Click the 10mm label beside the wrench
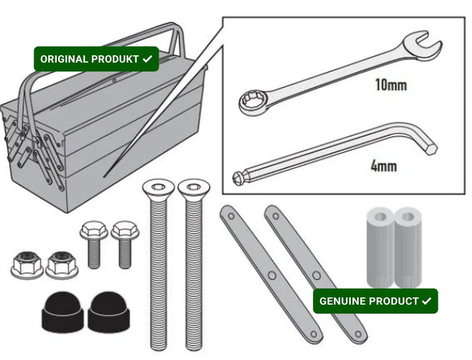coord(391,85)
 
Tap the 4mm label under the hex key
coord(383,166)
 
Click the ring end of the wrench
coord(254,103)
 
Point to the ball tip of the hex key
coord(238,178)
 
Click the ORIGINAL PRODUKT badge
coord(96,59)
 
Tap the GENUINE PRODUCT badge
coord(375,301)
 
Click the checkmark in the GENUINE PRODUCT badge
coord(427,301)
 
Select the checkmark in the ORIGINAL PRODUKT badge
coord(147,59)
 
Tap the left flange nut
coord(27,265)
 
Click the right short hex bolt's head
coord(125,230)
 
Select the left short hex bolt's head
coord(94,230)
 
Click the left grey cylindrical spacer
coord(380,247)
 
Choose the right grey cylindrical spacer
coord(408,247)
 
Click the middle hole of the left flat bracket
coord(272,275)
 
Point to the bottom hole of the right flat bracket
coord(358,334)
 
